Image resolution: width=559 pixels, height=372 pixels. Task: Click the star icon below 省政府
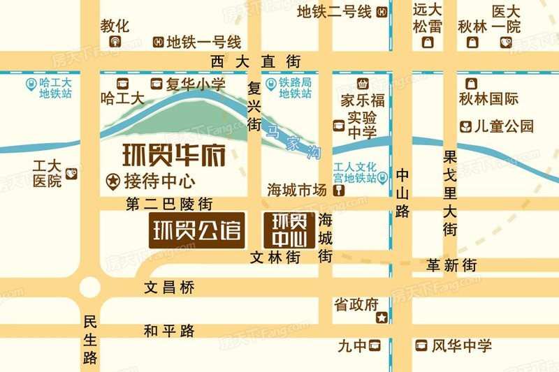click(x=382, y=318)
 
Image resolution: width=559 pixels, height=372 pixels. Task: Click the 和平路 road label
click(x=169, y=331)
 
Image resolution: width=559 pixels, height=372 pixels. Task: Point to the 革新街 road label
click(x=452, y=265)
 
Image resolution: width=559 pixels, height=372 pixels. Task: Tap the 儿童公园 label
click(x=504, y=126)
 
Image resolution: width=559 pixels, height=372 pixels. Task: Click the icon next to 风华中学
click(x=421, y=345)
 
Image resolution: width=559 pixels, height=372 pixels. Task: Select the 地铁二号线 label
click(x=334, y=12)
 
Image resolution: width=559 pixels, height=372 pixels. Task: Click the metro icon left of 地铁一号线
click(x=159, y=42)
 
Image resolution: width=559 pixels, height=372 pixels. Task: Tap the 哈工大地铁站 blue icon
click(x=30, y=84)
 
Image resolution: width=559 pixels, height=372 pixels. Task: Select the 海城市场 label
click(x=298, y=190)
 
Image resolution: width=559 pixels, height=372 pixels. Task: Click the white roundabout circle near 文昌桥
click(x=90, y=287)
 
